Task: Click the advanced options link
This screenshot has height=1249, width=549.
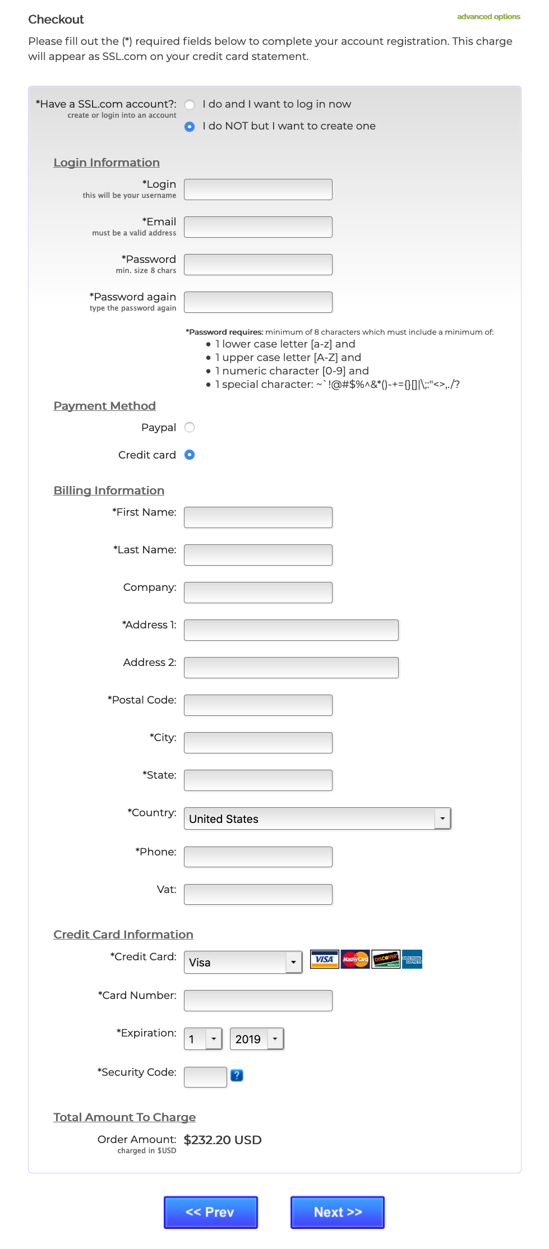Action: pyautogui.click(x=488, y=17)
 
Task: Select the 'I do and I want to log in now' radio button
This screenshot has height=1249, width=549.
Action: pyautogui.click(x=190, y=105)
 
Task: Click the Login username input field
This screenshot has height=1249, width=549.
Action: pyautogui.click(x=258, y=189)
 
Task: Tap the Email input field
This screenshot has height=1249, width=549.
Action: pyautogui.click(x=258, y=227)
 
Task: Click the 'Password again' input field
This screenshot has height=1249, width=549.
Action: pyautogui.click(x=258, y=302)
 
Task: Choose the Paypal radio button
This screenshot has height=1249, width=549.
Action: pyautogui.click(x=190, y=428)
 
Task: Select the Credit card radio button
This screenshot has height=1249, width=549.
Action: pyautogui.click(x=190, y=455)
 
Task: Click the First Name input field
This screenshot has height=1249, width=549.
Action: pyautogui.click(x=258, y=517)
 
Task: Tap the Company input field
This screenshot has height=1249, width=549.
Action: pyautogui.click(x=258, y=593)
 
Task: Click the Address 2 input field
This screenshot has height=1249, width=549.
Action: pyautogui.click(x=291, y=668)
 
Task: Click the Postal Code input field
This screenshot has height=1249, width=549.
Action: pyautogui.click(x=258, y=705)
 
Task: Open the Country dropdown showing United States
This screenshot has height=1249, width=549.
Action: pyautogui.click(x=317, y=819)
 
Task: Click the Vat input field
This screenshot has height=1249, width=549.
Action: pyautogui.click(x=258, y=895)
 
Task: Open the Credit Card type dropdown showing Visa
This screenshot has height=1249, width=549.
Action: pyautogui.click(x=243, y=963)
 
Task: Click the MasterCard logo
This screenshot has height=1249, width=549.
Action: pyautogui.click(x=356, y=959)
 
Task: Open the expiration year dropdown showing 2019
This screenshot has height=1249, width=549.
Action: pyautogui.click(x=257, y=1039)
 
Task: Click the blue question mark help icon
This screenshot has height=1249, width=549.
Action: pyautogui.click(x=237, y=1075)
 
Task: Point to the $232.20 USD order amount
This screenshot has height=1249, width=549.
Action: pyautogui.click(x=223, y=1140)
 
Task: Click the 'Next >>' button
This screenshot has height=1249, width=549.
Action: pyautogui.click(x=338, y=1212)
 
